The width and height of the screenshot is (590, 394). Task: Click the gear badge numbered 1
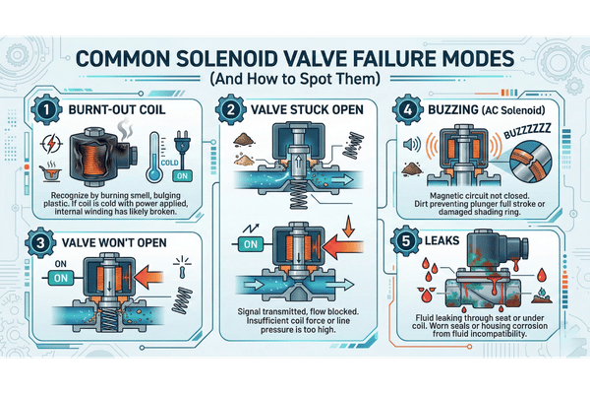pos(46,109)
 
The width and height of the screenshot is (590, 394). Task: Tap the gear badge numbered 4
pos(407,109)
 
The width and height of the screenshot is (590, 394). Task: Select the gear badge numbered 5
pos(405,241)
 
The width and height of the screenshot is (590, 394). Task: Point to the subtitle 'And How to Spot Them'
pos(295,79)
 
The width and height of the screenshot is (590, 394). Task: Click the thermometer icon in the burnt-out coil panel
pos(154,158)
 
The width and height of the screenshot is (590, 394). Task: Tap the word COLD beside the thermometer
pos(169,163)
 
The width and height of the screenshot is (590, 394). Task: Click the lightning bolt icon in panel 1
pos(51,144)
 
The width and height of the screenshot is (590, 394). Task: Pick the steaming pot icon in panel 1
pos(50,172)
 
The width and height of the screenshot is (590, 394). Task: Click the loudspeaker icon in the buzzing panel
pos(412,144)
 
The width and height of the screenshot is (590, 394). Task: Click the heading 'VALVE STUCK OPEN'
pos(307,109)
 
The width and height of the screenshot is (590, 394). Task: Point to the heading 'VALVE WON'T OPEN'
pos(114,242)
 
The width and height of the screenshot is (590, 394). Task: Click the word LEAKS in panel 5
pos(442,240)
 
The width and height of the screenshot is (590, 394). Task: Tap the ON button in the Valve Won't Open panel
pos(61,278)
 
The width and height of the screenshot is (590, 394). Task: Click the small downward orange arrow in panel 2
pos(349,226)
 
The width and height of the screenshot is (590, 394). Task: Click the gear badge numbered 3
pos(40,243)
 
